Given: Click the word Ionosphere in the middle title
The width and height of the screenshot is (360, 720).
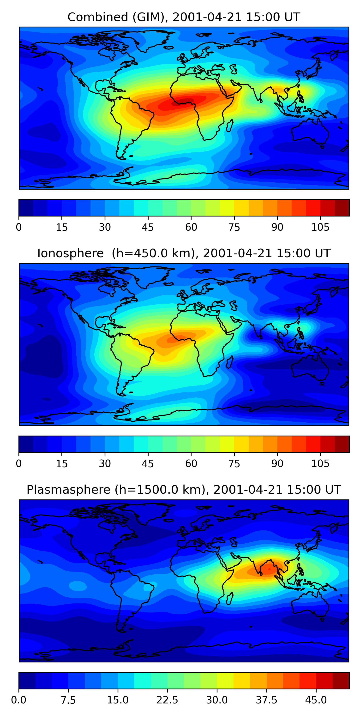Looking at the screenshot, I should (70, 253).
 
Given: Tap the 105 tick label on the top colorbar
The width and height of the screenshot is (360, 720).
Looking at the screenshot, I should (320, 228).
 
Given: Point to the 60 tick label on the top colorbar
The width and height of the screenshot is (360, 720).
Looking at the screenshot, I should (191, 228).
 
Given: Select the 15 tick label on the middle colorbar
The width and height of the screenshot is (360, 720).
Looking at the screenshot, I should (62, 464).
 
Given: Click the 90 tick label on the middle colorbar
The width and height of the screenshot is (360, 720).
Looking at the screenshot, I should (277, 464).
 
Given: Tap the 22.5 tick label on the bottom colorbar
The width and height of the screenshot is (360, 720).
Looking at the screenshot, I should (167, 700).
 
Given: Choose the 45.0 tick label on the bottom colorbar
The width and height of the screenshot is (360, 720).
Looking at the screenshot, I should (316, 700).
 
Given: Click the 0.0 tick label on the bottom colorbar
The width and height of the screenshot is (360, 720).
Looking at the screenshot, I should (19, 700).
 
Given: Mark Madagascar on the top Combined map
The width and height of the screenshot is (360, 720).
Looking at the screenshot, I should (230, 126).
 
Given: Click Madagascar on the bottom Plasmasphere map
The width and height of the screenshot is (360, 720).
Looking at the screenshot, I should (230, 598).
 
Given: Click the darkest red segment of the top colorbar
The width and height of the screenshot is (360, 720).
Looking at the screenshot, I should (342, 208).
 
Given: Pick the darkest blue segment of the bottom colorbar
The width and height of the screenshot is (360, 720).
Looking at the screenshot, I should (27, 680).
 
